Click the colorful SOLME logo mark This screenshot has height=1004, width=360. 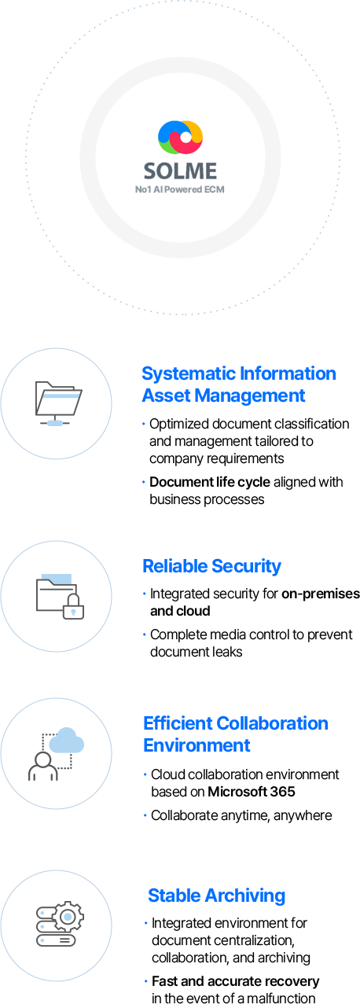point(180,137)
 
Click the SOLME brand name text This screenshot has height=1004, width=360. point(180,171)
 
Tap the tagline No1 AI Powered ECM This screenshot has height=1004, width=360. point(180,189)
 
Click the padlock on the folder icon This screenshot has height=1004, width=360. point(74,606)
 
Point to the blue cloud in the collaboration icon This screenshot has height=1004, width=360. point(66,740)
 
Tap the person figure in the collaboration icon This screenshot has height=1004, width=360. point(43,767)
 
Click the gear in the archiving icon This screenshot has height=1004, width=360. point(68,917)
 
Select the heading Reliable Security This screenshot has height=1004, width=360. point(211,566)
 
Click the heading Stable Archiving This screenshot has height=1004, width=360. point(216,896)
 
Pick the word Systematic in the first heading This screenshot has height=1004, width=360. point(189,373)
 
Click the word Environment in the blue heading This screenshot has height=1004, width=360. point(197,745)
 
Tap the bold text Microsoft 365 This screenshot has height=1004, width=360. point(252,792)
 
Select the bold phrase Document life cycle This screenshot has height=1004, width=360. point(210,482)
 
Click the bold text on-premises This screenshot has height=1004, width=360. point(321,594)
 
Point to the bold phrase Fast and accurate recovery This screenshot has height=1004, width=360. point(235,981)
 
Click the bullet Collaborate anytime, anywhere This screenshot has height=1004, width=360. point(241,816)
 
